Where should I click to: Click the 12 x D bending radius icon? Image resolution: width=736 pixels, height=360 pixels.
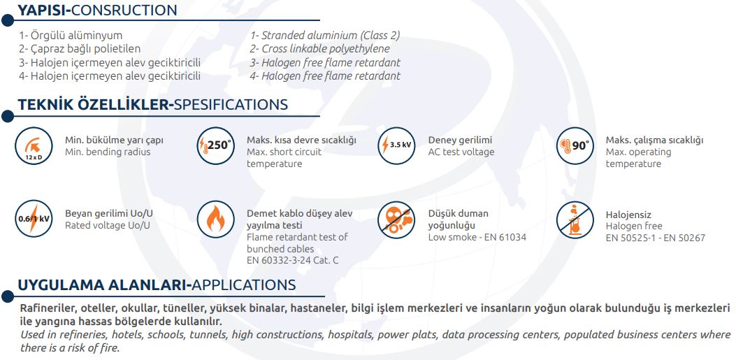pyautogui.click(x=34, y=146)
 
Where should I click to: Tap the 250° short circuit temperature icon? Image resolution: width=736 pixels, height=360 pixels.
pyautogui.click(x=215, y=145)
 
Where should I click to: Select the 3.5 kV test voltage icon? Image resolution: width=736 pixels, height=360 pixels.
pyautogui.click(x=396, y=145)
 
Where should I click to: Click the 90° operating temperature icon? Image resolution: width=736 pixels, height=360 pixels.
pyautogui.click(x=575, y=145)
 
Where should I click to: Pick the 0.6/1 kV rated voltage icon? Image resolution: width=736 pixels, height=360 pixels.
pyautogui.click(x=34, y=219)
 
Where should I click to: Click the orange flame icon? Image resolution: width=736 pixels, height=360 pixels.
pyautogui.click(x=215, y=219)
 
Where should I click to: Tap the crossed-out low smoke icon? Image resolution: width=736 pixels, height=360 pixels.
pyautogui.click(x=396, y=219)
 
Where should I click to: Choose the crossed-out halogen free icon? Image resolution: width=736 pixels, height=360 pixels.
pyautogui.click(x=575, y=219)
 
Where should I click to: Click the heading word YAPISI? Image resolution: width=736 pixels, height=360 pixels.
pyautogui.click(x=42, y=10)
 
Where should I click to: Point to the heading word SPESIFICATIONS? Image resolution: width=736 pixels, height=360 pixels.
pyautogui.click(x=231, y=104)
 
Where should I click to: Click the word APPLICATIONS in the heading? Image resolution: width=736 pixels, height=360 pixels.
pyautogui.click(x=244, y=285)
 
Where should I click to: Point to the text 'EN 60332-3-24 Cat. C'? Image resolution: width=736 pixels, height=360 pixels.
pyautogui.click(x=292, y=261)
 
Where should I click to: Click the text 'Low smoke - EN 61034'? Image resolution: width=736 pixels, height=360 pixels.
pyautogui.click(x=477, y=238)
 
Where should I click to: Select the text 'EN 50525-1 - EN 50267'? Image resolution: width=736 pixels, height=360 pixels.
pyautogui.click(x=655, y=238)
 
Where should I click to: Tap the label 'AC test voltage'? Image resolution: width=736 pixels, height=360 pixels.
pyautogui.click(x=461, y=152)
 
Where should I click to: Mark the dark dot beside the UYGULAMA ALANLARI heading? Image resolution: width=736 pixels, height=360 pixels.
pyautogui.click(x=8, y=296)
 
